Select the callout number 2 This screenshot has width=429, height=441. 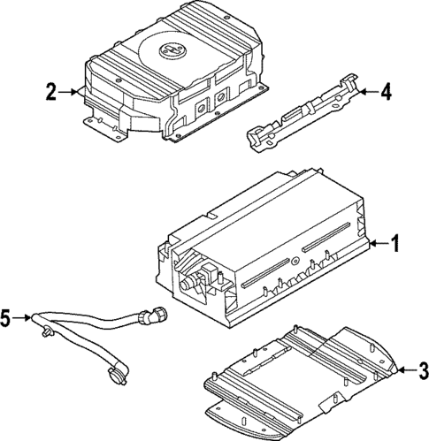51,90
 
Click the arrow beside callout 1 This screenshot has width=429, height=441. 379,242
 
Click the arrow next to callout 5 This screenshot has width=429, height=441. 27,318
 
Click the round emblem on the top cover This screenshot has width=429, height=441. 171,52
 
